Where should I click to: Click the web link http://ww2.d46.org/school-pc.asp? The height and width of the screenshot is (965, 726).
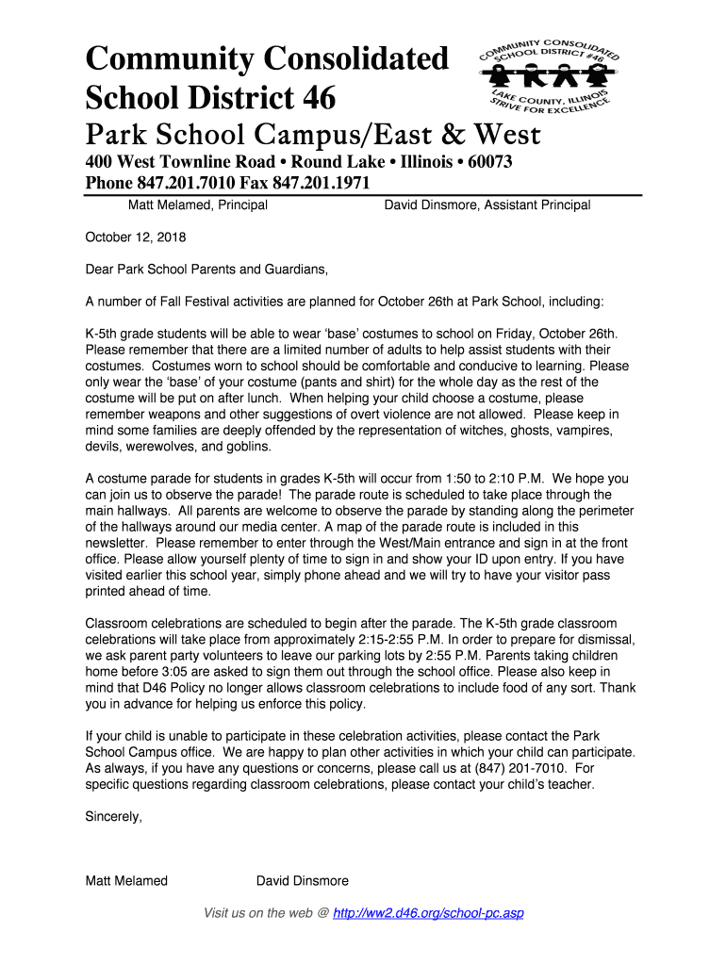(x=429, y=913)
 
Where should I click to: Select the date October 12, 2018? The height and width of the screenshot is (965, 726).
(x=136, y=237)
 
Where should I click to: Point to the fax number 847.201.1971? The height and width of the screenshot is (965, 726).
(x=322, y=183)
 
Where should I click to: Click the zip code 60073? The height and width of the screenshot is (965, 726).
(x=483, y=162)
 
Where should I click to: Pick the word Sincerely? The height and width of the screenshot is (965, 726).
(x=114, y=817)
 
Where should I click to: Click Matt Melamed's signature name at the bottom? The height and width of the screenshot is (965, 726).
(x=126, y=881)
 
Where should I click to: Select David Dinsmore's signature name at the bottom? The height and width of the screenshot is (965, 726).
(x=303, y=881)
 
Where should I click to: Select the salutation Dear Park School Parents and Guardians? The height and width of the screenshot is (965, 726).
(x=206, y=270)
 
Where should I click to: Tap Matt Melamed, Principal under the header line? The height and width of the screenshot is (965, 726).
(x=198, y=204)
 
